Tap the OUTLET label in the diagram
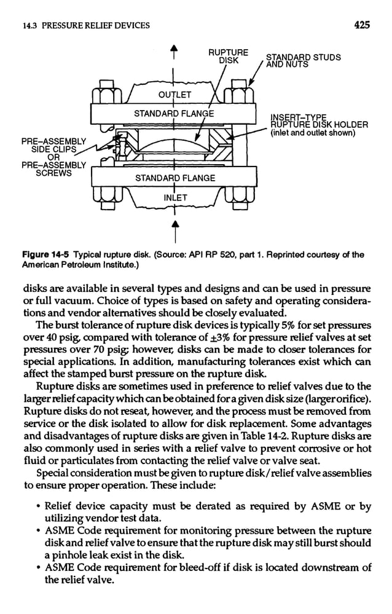tap(175, 95)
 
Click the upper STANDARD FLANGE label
tap(174, 113)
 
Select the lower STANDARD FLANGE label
tap(175, 178)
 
